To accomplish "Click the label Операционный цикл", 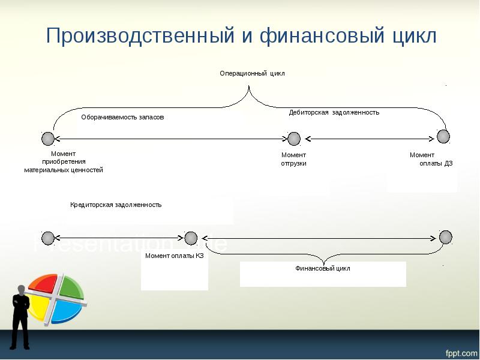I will tap(252, 73).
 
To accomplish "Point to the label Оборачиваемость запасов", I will tap(122, 118).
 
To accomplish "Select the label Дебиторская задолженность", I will tap(334, 112).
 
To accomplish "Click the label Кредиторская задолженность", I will tap(116, 205).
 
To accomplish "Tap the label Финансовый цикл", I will tap(323, 268).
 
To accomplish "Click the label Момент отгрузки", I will tap(293, 159).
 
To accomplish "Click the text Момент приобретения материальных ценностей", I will tap(64, 162).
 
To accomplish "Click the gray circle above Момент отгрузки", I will tap(293, 139).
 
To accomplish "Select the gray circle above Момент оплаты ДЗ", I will tap(443, 136).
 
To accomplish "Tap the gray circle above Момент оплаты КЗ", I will tap(191, 238).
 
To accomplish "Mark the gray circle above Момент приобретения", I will tap(48, 139).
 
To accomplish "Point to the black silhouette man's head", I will tap(22, 289).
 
